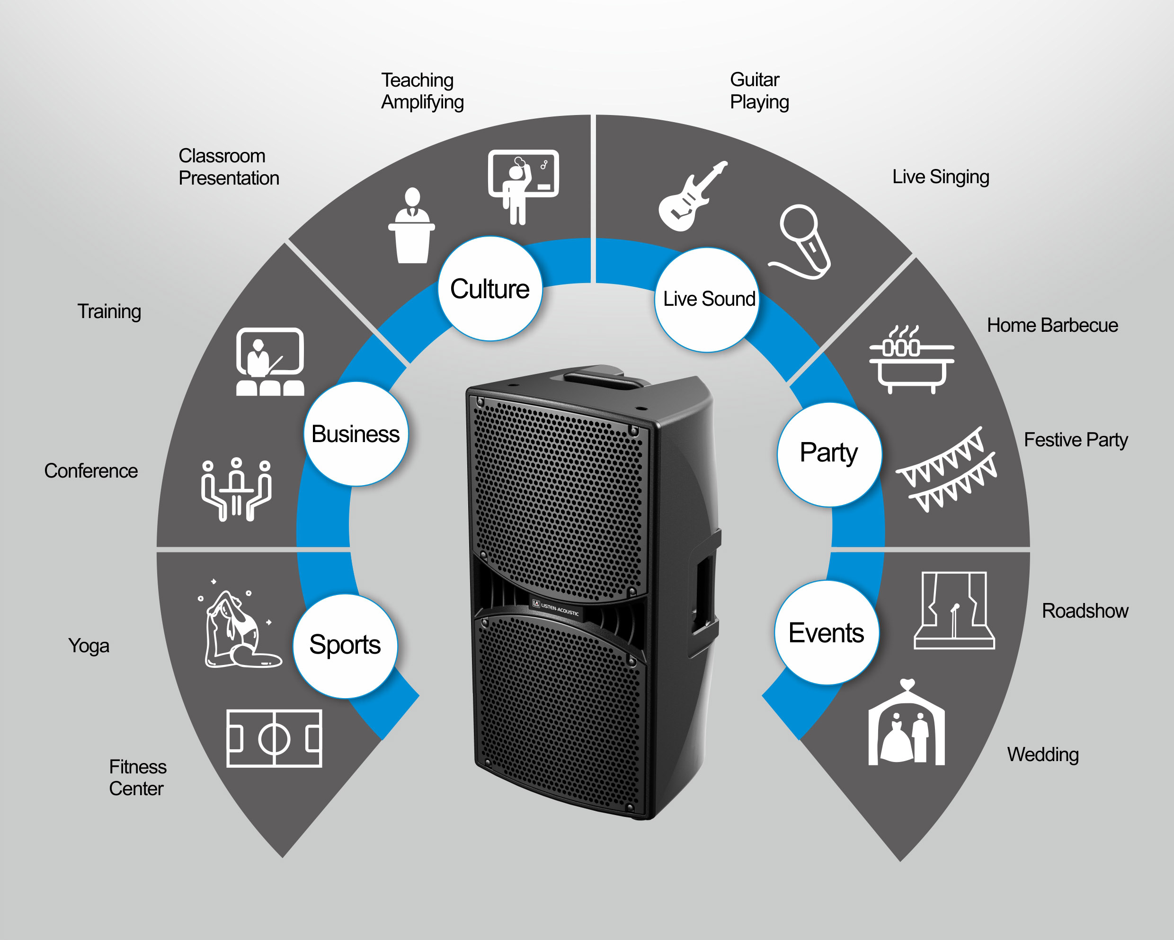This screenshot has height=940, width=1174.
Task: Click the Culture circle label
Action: coord(490,288)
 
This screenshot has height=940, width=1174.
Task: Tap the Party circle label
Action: coord(829,454)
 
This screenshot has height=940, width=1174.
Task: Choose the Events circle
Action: coord(827,632)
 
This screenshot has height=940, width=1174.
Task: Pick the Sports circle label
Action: coord(345,646)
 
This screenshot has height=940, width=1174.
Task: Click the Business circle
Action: coord(356,434)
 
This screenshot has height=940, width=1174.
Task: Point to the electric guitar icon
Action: coord(692,196)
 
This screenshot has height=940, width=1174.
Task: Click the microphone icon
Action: coord(800,242)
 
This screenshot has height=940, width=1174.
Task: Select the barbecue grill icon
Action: coord(911,359)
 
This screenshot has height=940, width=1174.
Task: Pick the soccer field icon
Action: coord(274,738)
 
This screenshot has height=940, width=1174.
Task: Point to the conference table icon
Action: coord(236,489)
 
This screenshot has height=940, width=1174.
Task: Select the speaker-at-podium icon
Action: coord(412,225)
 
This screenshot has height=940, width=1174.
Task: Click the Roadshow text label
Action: coord(1085,611)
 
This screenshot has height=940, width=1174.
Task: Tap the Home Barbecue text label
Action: coord(1052,325)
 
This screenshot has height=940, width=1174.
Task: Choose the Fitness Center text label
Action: coord(137,777)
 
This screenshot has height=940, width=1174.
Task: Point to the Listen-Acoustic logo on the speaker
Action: coord(555,609)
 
